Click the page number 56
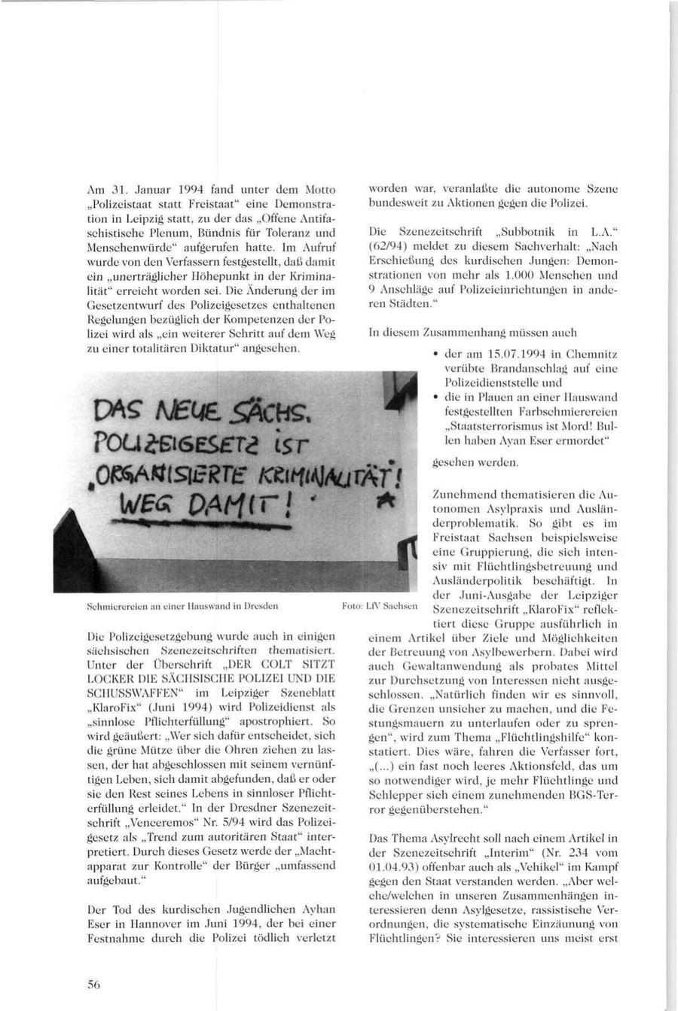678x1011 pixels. [94, 983]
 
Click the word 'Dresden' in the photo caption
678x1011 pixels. [263, 605]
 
